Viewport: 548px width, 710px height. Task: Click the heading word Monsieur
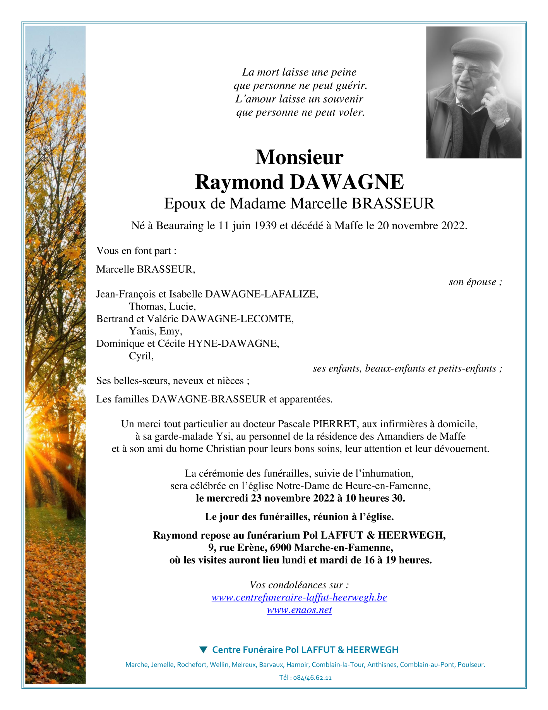(299, 157)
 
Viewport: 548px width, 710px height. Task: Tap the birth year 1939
(265, 225)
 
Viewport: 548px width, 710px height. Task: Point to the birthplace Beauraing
(180, 225)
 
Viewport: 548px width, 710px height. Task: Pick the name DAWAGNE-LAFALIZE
(261, 294)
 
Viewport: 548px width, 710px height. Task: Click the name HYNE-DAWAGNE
(233, 344)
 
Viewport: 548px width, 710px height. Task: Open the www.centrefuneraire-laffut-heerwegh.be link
(299, 597)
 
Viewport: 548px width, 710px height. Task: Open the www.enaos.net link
(299, 610)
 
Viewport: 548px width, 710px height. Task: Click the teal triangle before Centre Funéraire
(203, 649)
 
